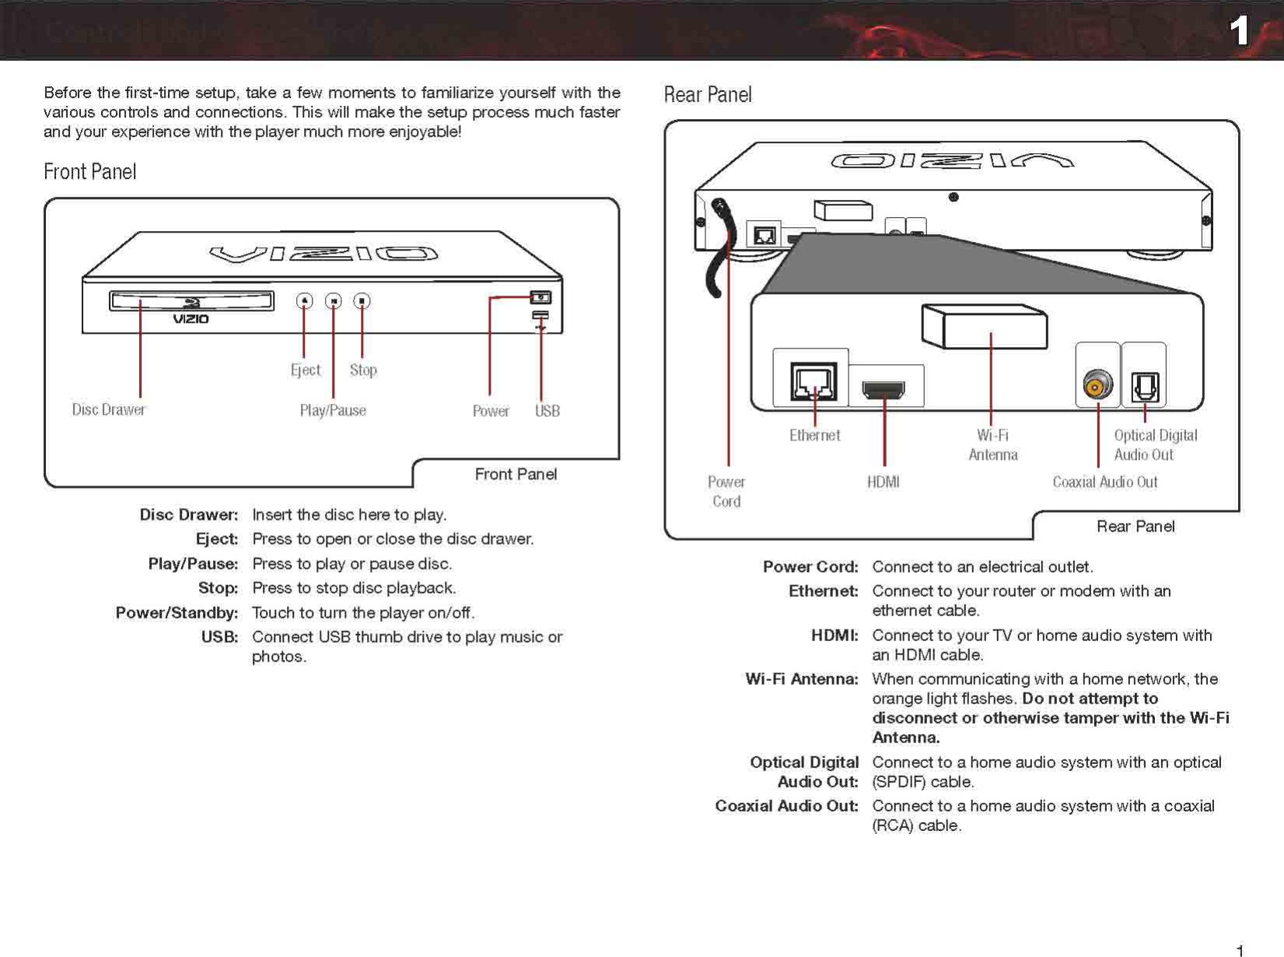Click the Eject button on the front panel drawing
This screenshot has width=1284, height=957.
click(x=305, y=301)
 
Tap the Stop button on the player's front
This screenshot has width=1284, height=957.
click(x=362, y=301)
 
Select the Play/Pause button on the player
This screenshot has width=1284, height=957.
click(x=334, y=301)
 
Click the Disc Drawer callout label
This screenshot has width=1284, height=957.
click(x=109, y=410)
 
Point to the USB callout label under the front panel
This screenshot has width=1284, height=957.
click(x=548, y=411)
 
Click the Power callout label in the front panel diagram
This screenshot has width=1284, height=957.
click(x=491, y=411)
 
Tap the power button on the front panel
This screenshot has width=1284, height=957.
click(x=541, y=297)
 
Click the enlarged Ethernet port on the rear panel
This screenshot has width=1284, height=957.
click(x=813, y=381)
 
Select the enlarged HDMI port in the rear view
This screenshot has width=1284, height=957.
click(x=883, y=388)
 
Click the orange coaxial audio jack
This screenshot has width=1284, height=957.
click(x=1097, y=385)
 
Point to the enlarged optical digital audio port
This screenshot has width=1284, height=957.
click(x=1145, y=386)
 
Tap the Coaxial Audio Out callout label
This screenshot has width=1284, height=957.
click(x=1104, y=482)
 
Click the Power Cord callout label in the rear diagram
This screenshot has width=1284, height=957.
click(x=726, y=492)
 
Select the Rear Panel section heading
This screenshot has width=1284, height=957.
click(x=708, y=95)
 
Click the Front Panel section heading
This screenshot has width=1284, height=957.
click(x=90, y=172)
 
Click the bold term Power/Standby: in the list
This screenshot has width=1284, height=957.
click(x=177, y=613)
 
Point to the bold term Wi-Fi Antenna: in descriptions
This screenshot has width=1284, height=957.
click(x=802, y=679)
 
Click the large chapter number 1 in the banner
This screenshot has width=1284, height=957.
click(x=1239, y=31)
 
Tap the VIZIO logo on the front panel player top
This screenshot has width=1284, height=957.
click(x=324, y=254)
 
